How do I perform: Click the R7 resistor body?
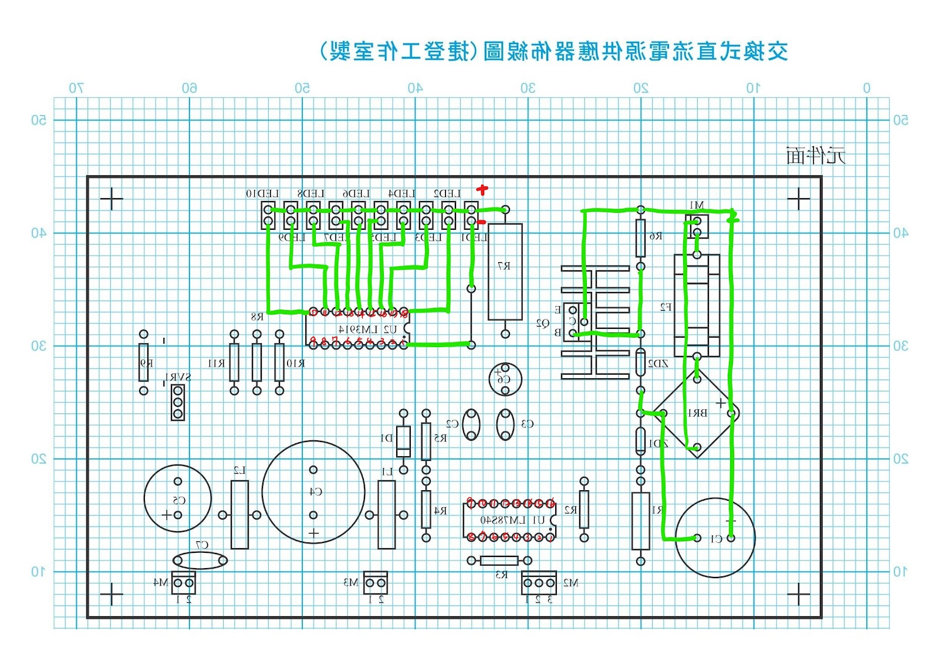pyautogui.click(x=505, y=271)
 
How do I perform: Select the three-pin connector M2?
pyautogui.click(x=538, y=583)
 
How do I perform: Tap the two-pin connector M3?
pyautogui.click(x=376, y=583)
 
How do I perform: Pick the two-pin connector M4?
pyautogui.click(x=183, y=583)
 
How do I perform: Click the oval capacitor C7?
pyautogui.click(x=200, y=561)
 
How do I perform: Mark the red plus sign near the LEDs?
pyautogui.click(x=482, y=189)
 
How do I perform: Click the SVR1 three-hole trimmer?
pyautogui.click(x=178, y=402)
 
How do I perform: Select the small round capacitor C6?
pyautogui.click(x=505, y=379)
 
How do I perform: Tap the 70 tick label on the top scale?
pyautogui.click(x=76, y=89)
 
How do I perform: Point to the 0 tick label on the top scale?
pyautogui.click(x=866, y=89)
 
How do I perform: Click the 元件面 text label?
pyautogui.click(x=816, y=156)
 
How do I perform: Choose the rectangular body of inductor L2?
pyautogui.click(x=239, y=515)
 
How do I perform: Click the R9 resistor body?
pyautogui.click(x=144, y=362)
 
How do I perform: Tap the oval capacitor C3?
pyautogui.click(x=505, y=425)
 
